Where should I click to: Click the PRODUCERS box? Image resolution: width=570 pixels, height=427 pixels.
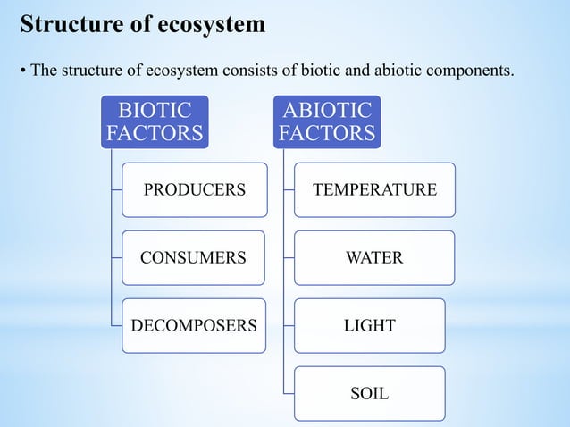[194, 189]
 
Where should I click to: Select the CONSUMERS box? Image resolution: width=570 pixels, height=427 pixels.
[193, 258]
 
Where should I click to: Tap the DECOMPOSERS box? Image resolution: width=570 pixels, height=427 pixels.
[193, 326]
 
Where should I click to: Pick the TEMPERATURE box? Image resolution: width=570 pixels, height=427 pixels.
[374, 189]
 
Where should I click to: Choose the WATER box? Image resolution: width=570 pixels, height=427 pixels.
[374, 258]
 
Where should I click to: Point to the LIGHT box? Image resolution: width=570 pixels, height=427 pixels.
[369, 326]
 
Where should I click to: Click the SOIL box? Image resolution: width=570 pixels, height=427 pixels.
[369, 393]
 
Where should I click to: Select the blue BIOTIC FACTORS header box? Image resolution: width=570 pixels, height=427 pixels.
[155, 122]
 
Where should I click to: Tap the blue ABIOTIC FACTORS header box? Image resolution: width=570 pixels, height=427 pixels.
[327, 122]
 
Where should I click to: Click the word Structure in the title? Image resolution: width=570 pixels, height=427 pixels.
[63, 24]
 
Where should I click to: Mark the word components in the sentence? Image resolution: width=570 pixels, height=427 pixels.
[474, 70]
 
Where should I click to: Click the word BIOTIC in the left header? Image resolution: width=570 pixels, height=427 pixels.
[155, 111]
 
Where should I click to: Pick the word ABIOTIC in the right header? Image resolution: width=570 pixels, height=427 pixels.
[327, 111]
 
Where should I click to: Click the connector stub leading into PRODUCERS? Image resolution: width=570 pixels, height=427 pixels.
[116, 189]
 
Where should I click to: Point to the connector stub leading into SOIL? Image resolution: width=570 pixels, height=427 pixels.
[289, 393]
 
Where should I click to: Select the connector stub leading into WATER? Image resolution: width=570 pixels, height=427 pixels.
[289, 258]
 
